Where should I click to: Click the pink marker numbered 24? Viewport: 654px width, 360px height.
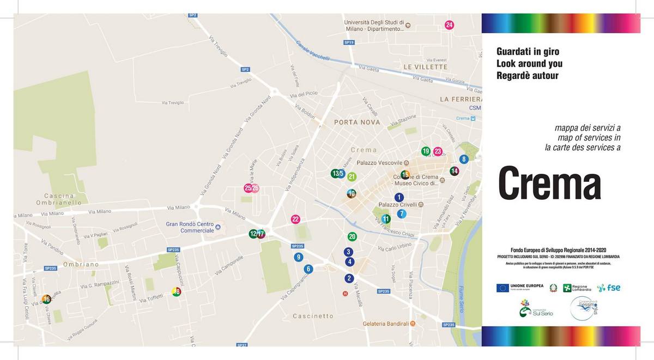tap(449, 25)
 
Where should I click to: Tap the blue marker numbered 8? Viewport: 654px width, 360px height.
tap(464, 159)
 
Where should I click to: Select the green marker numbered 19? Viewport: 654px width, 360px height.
tap(426, 151)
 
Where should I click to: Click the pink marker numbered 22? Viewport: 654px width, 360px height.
tap(295, 219)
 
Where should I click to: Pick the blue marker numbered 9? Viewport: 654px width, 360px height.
tap(298, 257)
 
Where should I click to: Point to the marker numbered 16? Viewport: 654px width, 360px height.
tap(46, 299)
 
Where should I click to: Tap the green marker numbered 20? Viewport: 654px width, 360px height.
tap(352, 236)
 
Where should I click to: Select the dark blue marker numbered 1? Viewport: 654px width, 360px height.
tap(399, 197)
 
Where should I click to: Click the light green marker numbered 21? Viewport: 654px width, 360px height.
tap(352, 176)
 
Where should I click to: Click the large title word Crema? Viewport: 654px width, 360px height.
tap(549, 184)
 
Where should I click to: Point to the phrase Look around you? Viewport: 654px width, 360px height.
tap(529, 64)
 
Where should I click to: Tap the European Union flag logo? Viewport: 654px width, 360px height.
tap(502, 288)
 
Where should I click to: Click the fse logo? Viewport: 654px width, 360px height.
tap(609, 288)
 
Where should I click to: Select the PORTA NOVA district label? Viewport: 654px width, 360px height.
tap(357, 122)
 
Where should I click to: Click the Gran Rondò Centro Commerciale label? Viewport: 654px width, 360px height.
tap(190, 227)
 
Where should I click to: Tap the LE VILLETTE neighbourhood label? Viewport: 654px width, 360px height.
tap(425, 66)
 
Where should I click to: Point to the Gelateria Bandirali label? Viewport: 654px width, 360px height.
tap(386, 324)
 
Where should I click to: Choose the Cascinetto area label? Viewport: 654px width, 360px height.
tap(312, 316)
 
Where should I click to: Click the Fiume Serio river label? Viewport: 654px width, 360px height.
tap(462, 297)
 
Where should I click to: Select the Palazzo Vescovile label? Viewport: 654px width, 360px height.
tap(379, 163)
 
